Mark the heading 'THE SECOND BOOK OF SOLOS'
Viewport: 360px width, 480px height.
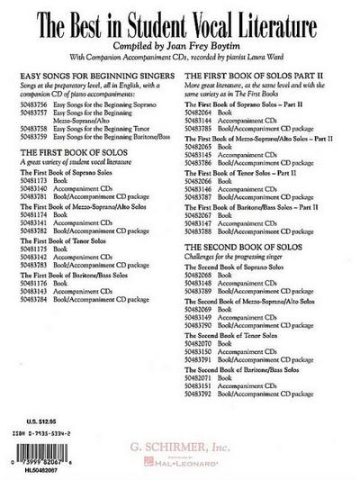click(233, 245)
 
